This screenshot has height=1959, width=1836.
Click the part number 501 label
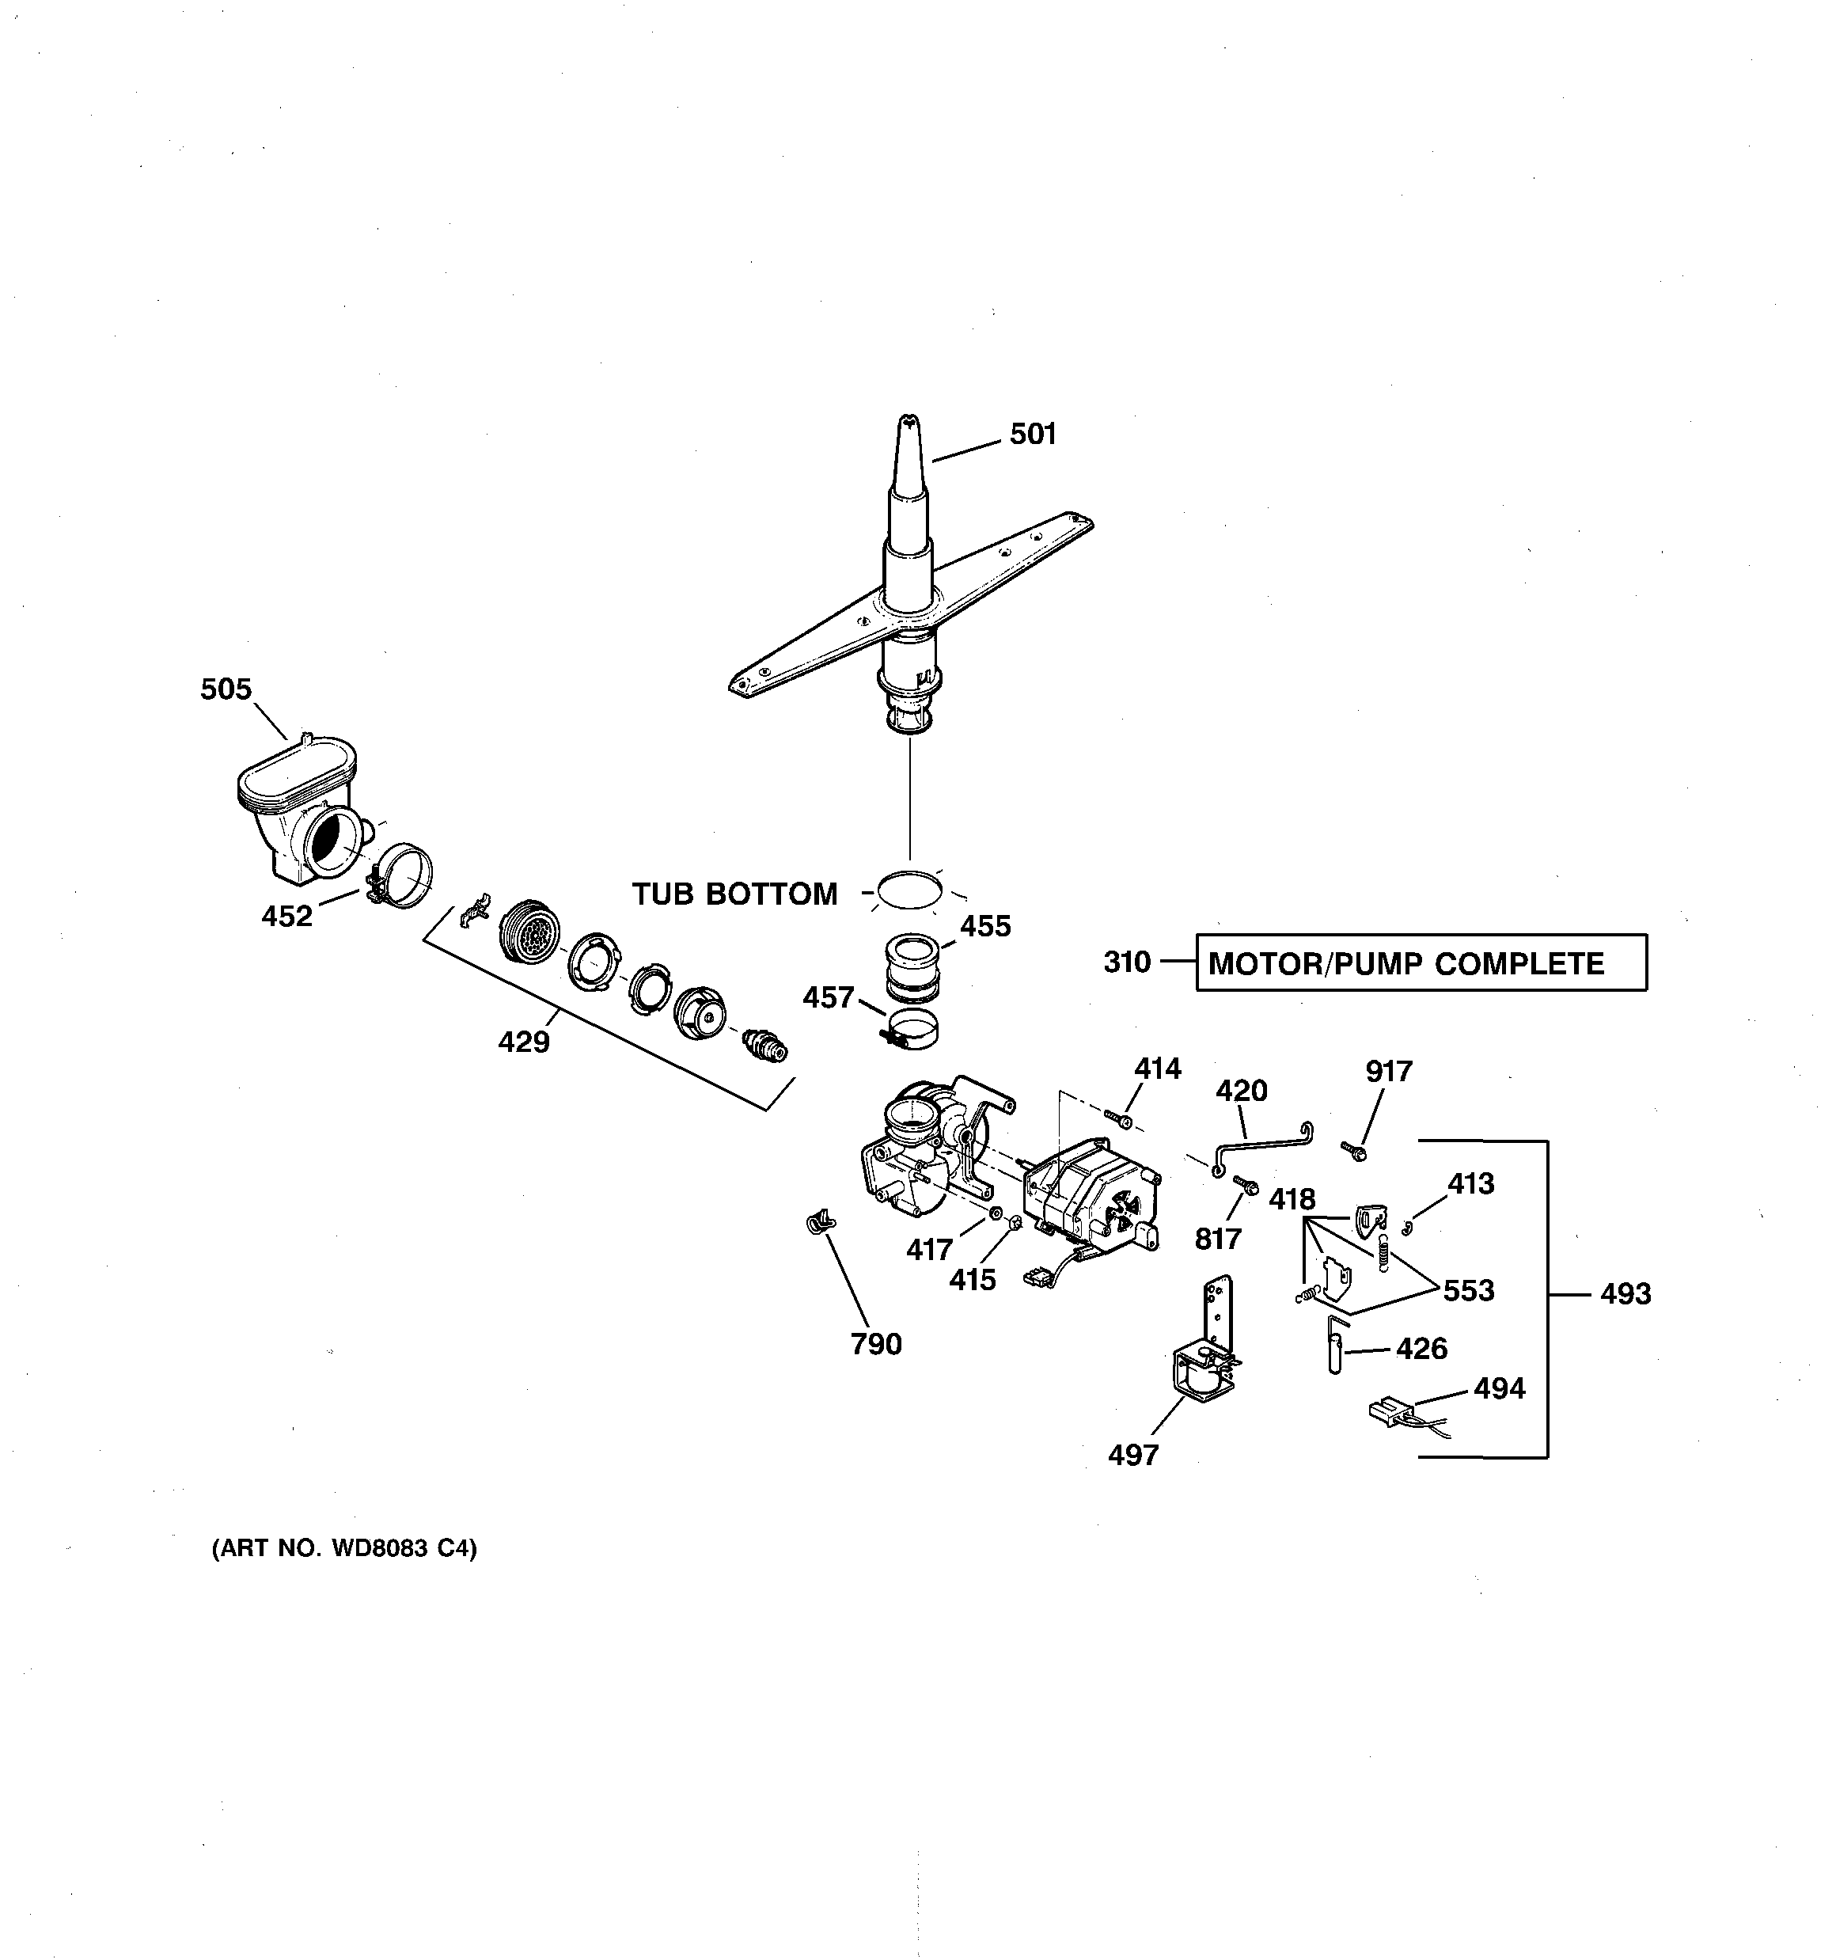click(1032, 435)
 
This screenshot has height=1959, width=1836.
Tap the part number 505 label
click(226, 689)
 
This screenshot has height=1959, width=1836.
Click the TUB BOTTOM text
click(734, 894)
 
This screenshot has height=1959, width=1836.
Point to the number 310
click(1126, 962)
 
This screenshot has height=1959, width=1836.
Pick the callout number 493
click(1625, 1294)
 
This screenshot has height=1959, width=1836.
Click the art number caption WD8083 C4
click(344, 1549)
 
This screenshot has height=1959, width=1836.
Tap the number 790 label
click(876, 1344)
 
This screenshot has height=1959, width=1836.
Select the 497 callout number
click(1133, 1455)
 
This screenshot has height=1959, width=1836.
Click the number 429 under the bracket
click(523, 1042)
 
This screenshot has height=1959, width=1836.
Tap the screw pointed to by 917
click(1353, 1149)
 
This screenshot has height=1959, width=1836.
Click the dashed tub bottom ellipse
click(909, 890)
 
